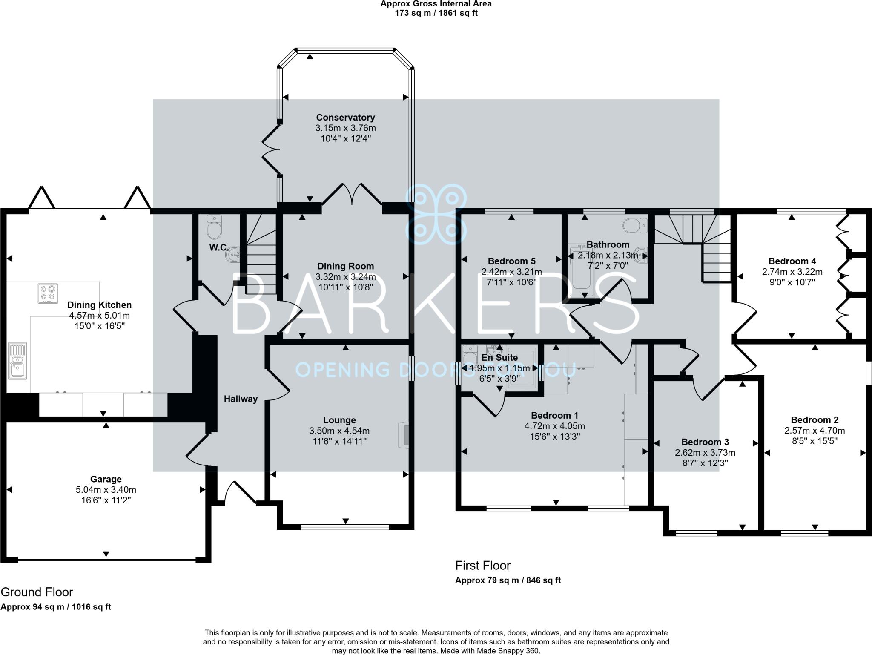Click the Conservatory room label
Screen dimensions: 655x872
click(345, 118)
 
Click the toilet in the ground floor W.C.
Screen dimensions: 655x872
click(214, 227)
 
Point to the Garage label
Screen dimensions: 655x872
click(106, 479)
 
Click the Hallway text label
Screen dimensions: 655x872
click(241, 399)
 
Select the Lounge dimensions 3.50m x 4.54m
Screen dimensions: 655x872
click(339, 431)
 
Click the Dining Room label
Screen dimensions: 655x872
click(345, 266)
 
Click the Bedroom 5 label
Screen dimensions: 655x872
click(511, 261)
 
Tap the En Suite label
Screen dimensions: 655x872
click(499, 358)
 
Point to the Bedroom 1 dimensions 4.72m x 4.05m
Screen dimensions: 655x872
click(554, 426)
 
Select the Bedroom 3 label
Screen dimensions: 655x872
click(705, 442)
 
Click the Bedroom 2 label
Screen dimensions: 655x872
click(814, 420)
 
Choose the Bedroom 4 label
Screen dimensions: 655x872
click(792, 261)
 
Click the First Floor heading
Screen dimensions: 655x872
click(482, 566)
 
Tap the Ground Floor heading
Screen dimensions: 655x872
click(37, 592)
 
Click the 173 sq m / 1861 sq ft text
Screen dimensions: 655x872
click(436, 13)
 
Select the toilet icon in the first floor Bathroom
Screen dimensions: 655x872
click(635, 224)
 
